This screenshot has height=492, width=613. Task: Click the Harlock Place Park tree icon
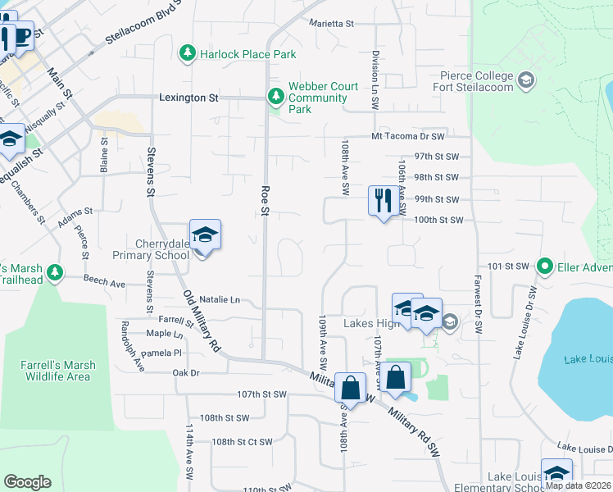(188, 54)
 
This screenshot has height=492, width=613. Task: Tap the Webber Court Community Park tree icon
(276, 98)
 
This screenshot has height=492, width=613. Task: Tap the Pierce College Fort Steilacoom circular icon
(525, 81)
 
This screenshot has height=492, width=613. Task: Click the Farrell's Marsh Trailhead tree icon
(54, 271)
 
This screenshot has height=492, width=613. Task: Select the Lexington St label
(188, 98)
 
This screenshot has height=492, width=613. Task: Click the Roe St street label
(265, 201)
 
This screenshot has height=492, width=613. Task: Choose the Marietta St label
(331, 24)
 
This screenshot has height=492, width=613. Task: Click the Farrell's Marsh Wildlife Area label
(57, 371)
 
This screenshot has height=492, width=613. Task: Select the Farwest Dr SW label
(476, 303)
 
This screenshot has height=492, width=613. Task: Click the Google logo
(27, 482)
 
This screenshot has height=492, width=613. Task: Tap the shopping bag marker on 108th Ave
(351, 389)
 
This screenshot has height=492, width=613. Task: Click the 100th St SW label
(438, 220)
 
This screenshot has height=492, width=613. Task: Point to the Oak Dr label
(186, 373)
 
